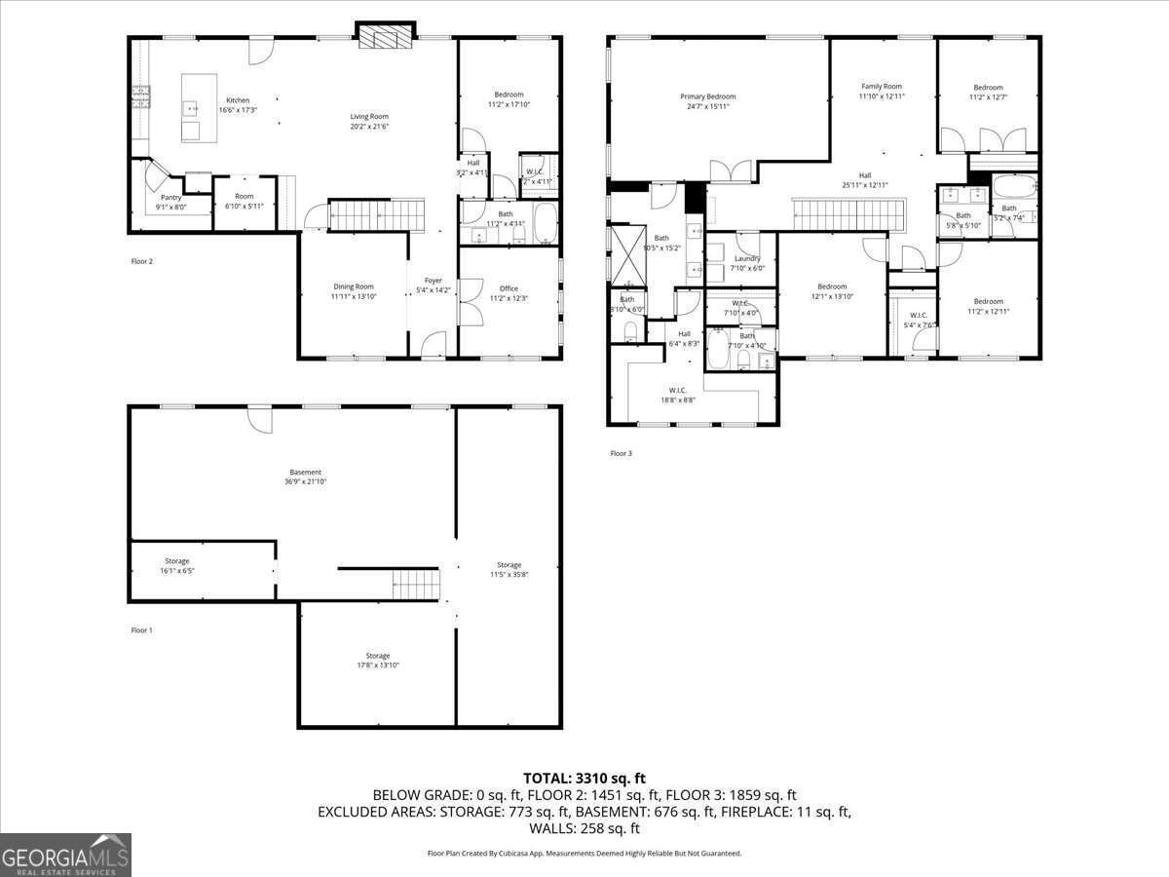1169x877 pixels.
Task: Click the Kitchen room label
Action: click(x=238, y=100)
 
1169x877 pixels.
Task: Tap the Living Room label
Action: click(x=369, y=117)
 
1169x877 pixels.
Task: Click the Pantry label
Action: click(x=170, y=197)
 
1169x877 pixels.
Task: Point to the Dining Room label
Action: click(x=352, y=286)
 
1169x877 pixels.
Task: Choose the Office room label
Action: click(x=509, y=288)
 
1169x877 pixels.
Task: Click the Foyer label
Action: click(x=433, y=281)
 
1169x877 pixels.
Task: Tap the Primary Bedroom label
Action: click(x=707, y=96)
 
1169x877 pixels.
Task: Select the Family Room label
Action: click(x=881, y=87)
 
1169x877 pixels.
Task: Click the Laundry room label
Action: click(x=747, y=258)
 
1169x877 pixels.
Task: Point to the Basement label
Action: click(x=305, y=473)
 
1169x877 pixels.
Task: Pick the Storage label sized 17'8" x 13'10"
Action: click(x=378, y=656)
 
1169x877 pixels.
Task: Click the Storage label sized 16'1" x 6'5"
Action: click(x=176, y=561)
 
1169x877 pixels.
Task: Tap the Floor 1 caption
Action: click(x=142, y=630)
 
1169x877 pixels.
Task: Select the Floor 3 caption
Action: click(x=622, y=453)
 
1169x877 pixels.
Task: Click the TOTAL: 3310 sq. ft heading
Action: click(x=584, y=778)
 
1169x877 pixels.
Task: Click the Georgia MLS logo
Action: click(x=65, y=855)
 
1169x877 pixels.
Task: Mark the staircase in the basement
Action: click(x=416, y=586)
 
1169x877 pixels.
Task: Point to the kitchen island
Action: click(x=199, y=107)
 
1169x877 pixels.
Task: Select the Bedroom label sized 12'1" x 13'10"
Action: click(x=832, y=286)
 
